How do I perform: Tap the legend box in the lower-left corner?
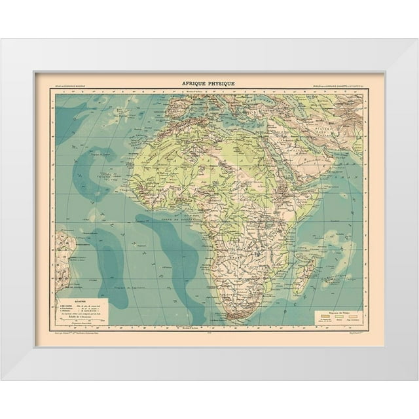81,312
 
